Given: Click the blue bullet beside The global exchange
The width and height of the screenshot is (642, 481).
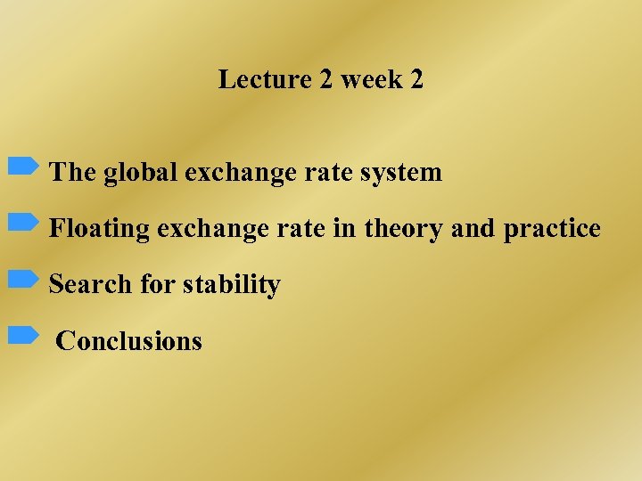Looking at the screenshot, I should tap(23, 166).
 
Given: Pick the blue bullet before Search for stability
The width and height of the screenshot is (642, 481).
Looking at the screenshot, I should tap(23, 279).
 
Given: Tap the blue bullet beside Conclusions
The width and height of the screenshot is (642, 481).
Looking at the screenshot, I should tap(23, 335).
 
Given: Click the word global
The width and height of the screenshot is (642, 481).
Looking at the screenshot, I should tap(141, 172).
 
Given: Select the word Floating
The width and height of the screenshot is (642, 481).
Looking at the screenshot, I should tap(100, 229).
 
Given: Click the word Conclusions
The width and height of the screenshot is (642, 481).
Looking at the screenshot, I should tap(129, 341).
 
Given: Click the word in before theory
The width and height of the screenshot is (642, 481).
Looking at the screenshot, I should tap(343, 229).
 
